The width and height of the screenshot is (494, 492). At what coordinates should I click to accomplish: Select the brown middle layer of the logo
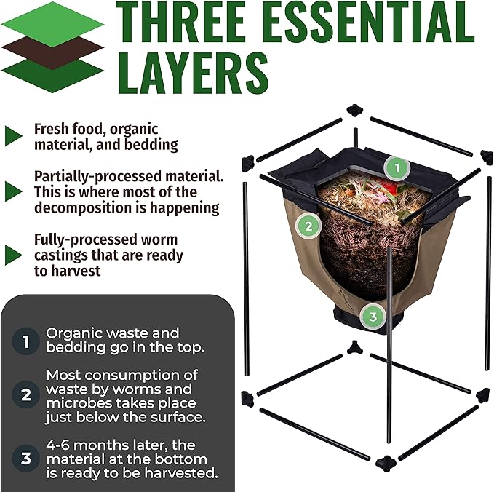52,49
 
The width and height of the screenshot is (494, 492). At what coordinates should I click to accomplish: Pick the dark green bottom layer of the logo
52,73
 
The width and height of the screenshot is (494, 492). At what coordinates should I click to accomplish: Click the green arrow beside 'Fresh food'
13,135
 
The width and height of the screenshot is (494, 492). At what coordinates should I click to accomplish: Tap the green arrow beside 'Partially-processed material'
13,191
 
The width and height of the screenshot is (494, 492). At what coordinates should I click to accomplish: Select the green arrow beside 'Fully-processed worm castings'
13,255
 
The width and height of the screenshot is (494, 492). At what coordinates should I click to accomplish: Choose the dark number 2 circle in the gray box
26,396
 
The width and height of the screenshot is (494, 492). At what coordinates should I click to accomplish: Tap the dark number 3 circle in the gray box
26,459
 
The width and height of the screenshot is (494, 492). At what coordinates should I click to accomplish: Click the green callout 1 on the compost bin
396,168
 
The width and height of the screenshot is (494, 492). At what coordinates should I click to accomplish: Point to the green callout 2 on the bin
308,225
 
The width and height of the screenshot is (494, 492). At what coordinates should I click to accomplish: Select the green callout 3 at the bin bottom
373,316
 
